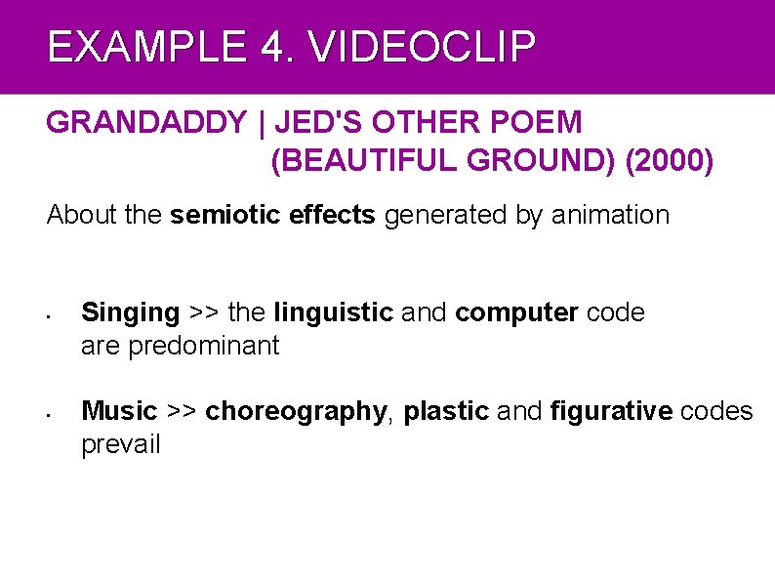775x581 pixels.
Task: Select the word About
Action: click(x=83, y=215)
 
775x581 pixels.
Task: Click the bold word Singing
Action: click(x=131, y=313)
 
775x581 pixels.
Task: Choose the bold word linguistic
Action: click(x=334, y=312)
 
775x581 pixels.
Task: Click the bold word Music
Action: click(x=119, y=411)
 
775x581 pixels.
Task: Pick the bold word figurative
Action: click(x=611, y=412)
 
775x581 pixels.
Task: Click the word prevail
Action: click(x=120, y=445)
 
